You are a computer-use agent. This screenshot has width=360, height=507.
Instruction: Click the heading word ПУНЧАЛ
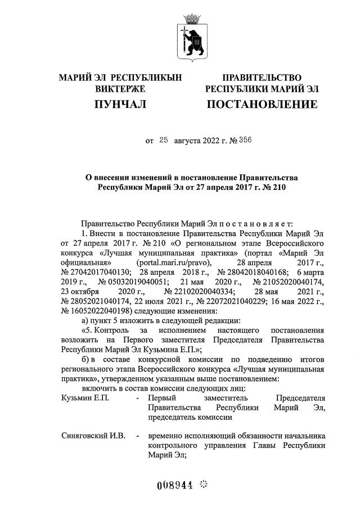(120, 104)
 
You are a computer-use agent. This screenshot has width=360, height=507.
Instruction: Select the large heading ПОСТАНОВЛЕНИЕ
(262, 104)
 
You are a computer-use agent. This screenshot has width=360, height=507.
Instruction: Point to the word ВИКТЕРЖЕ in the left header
(120, 89)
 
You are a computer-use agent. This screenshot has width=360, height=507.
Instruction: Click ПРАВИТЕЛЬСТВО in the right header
(262, 77)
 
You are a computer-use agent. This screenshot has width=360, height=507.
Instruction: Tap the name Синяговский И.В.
(89, 436)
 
